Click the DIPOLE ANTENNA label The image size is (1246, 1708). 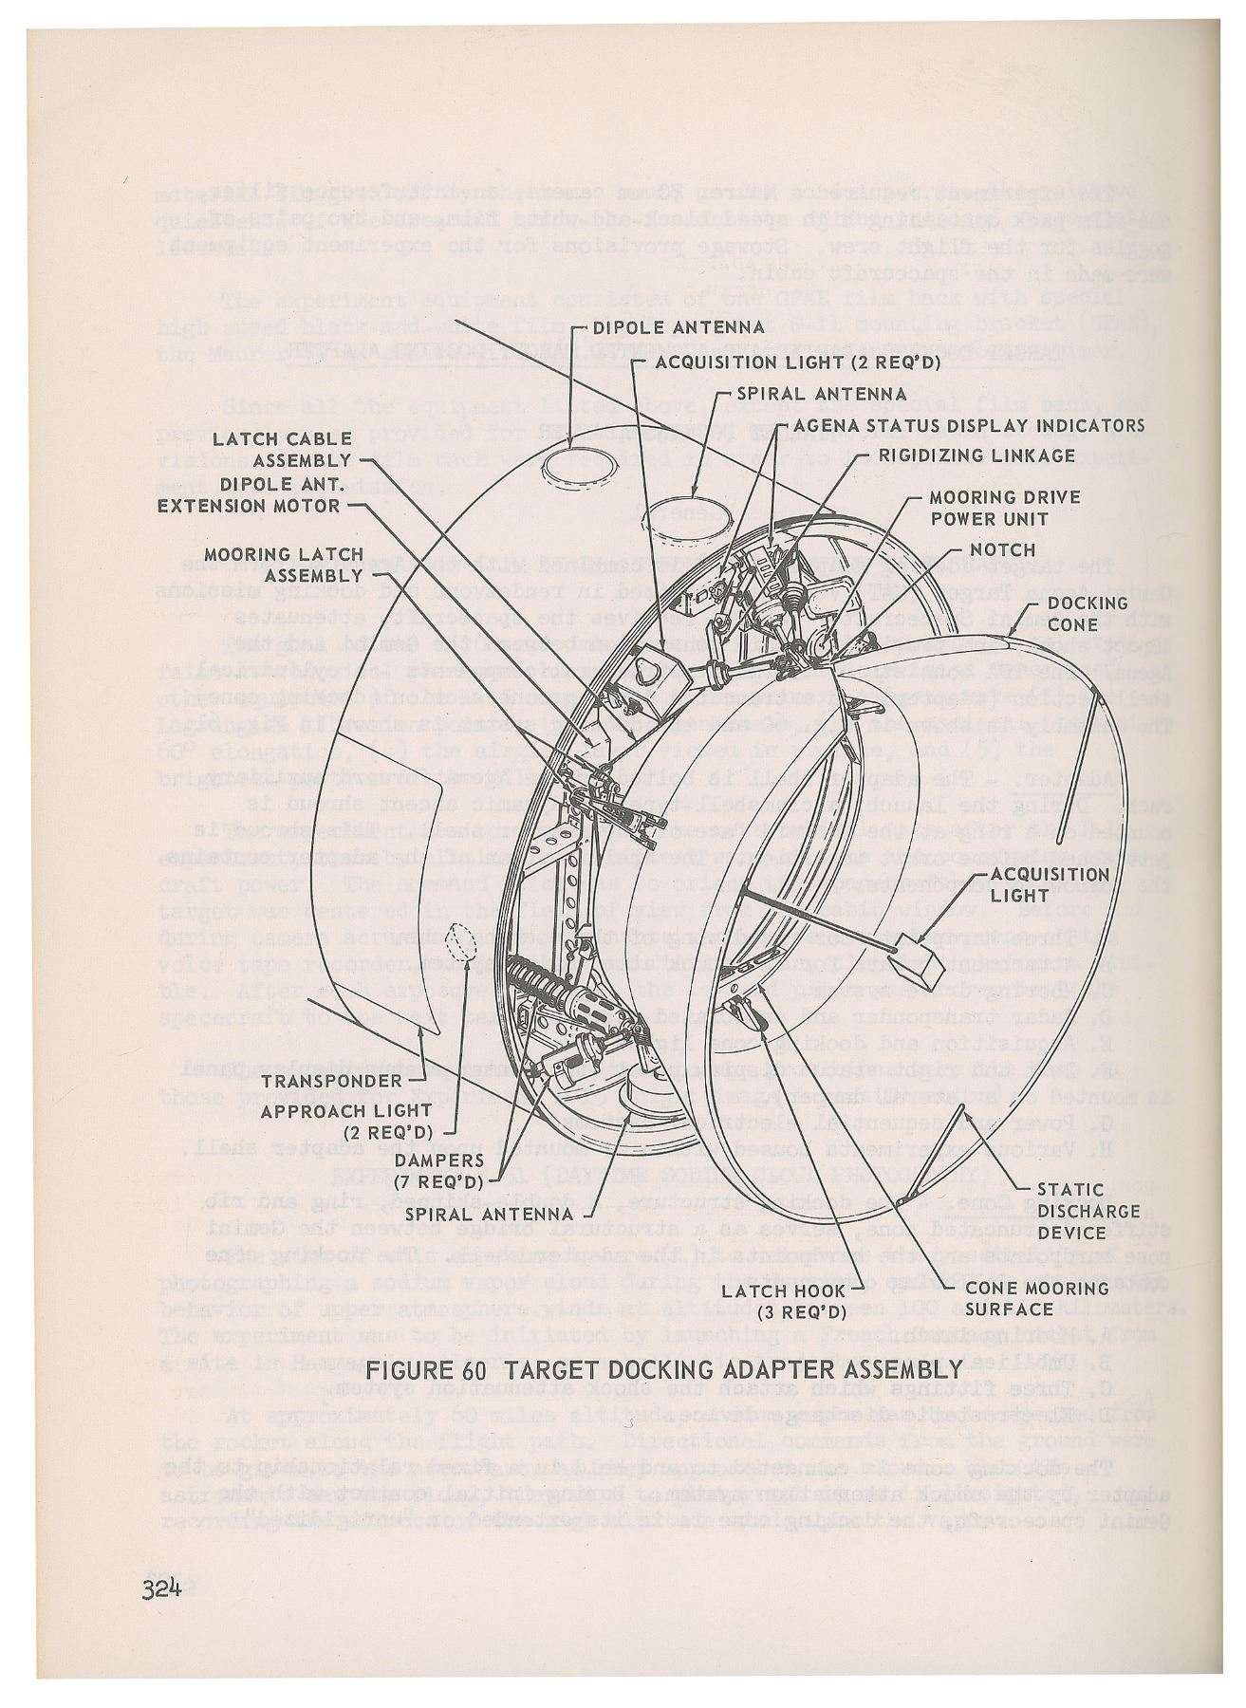(x=678, y=328)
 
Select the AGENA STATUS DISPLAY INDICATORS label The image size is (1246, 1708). (x=968, y=425)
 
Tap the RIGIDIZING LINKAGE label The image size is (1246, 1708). (x=976, y=455)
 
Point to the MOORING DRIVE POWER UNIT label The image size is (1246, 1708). (x=1003, y=508)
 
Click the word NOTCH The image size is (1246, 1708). (x=1002, y=550)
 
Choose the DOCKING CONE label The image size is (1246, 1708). (x=1072, y=614)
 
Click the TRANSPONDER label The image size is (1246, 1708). (x=331, y=1081)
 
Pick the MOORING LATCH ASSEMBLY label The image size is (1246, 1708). (x=284, y=565)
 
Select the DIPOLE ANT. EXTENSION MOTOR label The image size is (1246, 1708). (x=249, y=493)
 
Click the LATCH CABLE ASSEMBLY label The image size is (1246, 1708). (x=281, y=449)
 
